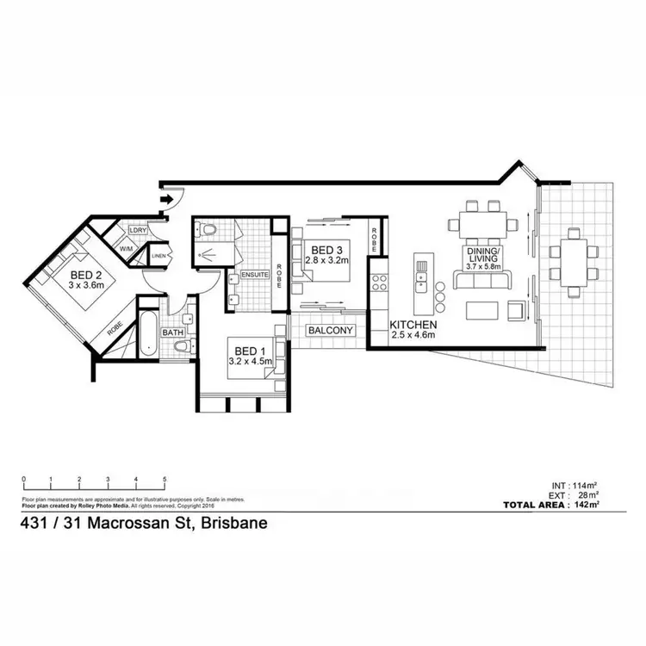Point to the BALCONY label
click(330, 330)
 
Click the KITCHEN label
click(414, 324)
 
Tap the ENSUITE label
click(255, 275)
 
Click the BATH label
click(173, 332)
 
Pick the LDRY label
click(137, 231)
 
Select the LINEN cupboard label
click(159, 256)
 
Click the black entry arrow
click(166, 201)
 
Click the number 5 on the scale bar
click(164, 479)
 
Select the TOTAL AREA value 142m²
click(590, 505)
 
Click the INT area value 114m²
click(590, 485)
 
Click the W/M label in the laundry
click(127, 248)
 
